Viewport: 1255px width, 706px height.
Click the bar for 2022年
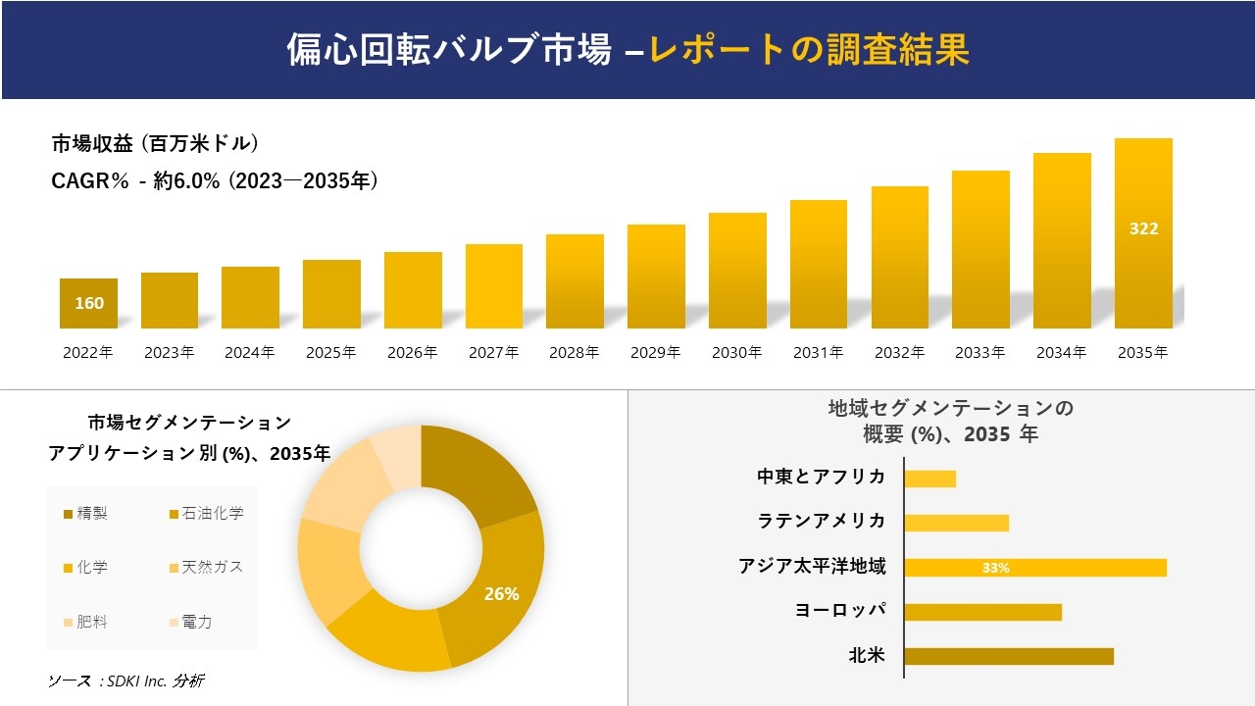click(x=88, y=303)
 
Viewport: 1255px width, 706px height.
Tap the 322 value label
click(x=1143, y=228)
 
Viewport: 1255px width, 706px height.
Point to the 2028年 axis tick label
click(x=574, y=353)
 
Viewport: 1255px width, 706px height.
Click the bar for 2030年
click(x=737, y=271)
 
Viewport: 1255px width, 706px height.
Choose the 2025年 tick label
click(x=330, y=353)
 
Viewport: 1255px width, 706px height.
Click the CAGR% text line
click(x=215, y=181)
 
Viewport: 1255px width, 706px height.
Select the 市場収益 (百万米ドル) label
click(x=155, y=144)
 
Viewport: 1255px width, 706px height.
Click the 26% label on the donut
click(x=501, y=594)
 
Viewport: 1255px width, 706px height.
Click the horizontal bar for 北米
click(x=1009, y=656)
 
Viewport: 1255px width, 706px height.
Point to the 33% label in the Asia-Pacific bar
click(x=995, y=568)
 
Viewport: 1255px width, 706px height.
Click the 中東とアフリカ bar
click(x=929, y=479)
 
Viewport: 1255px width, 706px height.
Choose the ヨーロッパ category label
click(x=840, y=610)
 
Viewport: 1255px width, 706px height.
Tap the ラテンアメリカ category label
click(x=822, y=521)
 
